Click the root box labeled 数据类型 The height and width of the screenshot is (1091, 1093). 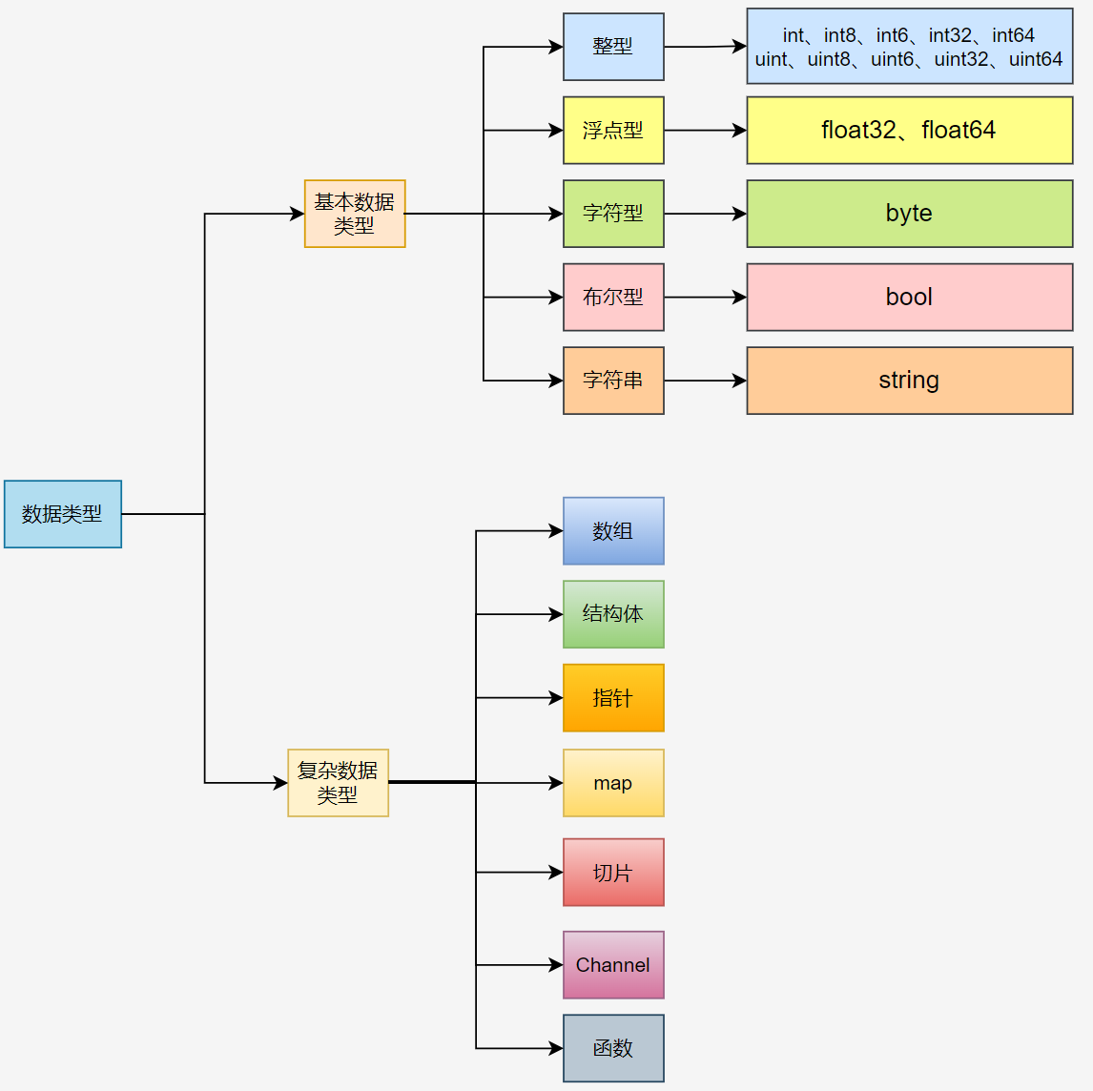click(x=63, y=514)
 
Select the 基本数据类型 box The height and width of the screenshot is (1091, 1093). click(x=355, y=214)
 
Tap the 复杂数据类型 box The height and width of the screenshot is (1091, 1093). click(x=338, y=783)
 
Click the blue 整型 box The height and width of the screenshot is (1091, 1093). click(x=613, y=47)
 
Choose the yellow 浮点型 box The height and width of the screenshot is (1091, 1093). click(x=613, y=131)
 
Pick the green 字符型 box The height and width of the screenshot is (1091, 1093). click(x=613, y=214)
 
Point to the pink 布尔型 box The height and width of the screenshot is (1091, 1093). click(x=613, y=298)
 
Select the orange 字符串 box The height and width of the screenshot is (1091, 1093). click(x=613, y=381)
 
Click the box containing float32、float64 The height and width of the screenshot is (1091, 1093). click(x=909, y=131)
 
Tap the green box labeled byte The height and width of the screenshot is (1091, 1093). click(x=909, y=214)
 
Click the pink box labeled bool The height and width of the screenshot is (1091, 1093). click(x=909, y=298)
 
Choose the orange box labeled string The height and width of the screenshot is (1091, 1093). click(x=909, y=381)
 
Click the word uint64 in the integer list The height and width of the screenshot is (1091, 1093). click(x=1035, y=59)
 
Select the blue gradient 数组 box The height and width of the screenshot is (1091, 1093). click(x=613, y=531)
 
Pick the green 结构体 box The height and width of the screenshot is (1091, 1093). click(x=613, y=614)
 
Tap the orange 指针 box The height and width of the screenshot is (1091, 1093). click(x=613, y=698)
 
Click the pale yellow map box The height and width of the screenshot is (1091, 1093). click(x=613, y=783)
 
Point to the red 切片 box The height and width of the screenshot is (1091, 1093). click(x=613, y=873)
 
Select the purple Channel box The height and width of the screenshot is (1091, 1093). click(x=613, y=965)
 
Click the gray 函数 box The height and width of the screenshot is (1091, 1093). click(x=613, y=1048)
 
